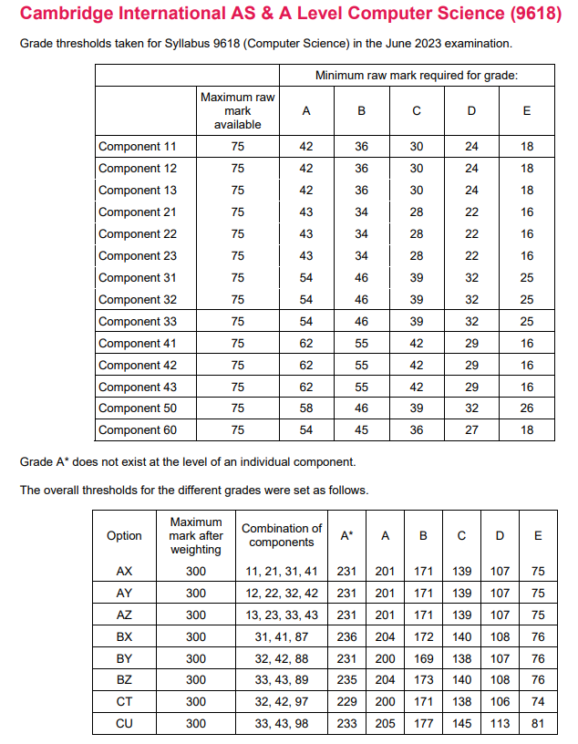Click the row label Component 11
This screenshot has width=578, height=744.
(137, 147)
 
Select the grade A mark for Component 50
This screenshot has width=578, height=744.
(306, 408)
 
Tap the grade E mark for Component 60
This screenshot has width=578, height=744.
(527, 430)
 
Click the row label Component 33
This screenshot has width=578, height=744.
(137, 322)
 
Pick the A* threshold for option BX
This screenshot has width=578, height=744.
(346, 636)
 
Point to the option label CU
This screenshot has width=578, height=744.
(124, 724)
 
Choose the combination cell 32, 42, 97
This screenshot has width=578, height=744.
(281, 702)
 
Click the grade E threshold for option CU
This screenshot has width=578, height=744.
(538, 724)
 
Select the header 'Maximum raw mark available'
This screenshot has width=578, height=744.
(238, 110)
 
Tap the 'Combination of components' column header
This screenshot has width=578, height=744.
(281, 535)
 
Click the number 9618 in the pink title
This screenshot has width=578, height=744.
(525, 15)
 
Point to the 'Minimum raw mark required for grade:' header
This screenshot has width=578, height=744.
(416, 76)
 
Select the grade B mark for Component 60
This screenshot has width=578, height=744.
(362, 430)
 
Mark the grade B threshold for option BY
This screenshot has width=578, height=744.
(423, 658)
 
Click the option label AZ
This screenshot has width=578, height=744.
(124, 615)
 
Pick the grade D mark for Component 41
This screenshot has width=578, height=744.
(471, 344)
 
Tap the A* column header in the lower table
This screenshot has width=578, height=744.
(346, 536)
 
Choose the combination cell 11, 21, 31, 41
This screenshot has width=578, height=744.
(281, 571)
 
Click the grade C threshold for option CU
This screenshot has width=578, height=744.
(461, 724)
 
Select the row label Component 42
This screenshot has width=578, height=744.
(137, 366)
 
